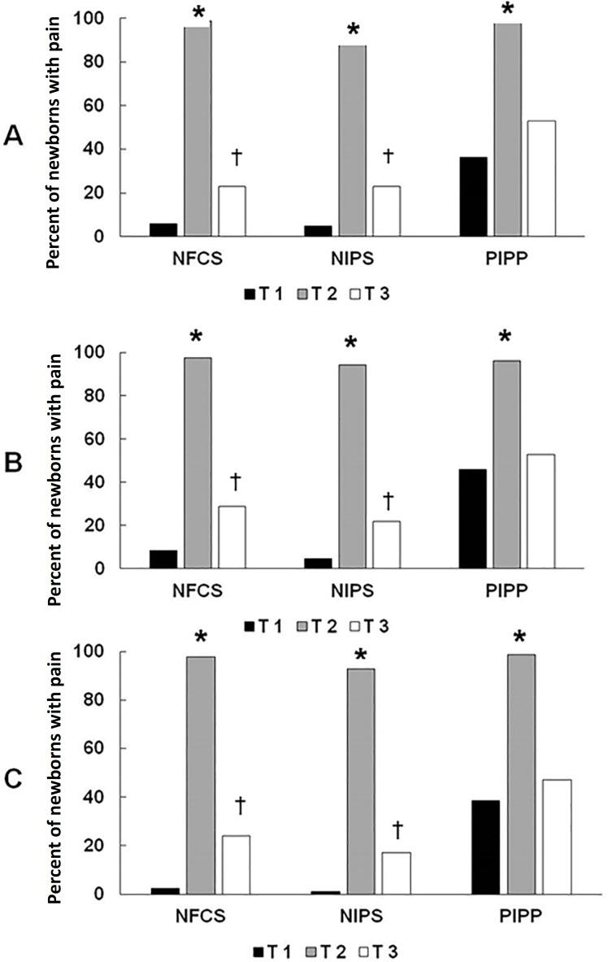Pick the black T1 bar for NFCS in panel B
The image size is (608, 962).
click(163, 559)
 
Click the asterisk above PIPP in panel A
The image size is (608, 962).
click(507, 11)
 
